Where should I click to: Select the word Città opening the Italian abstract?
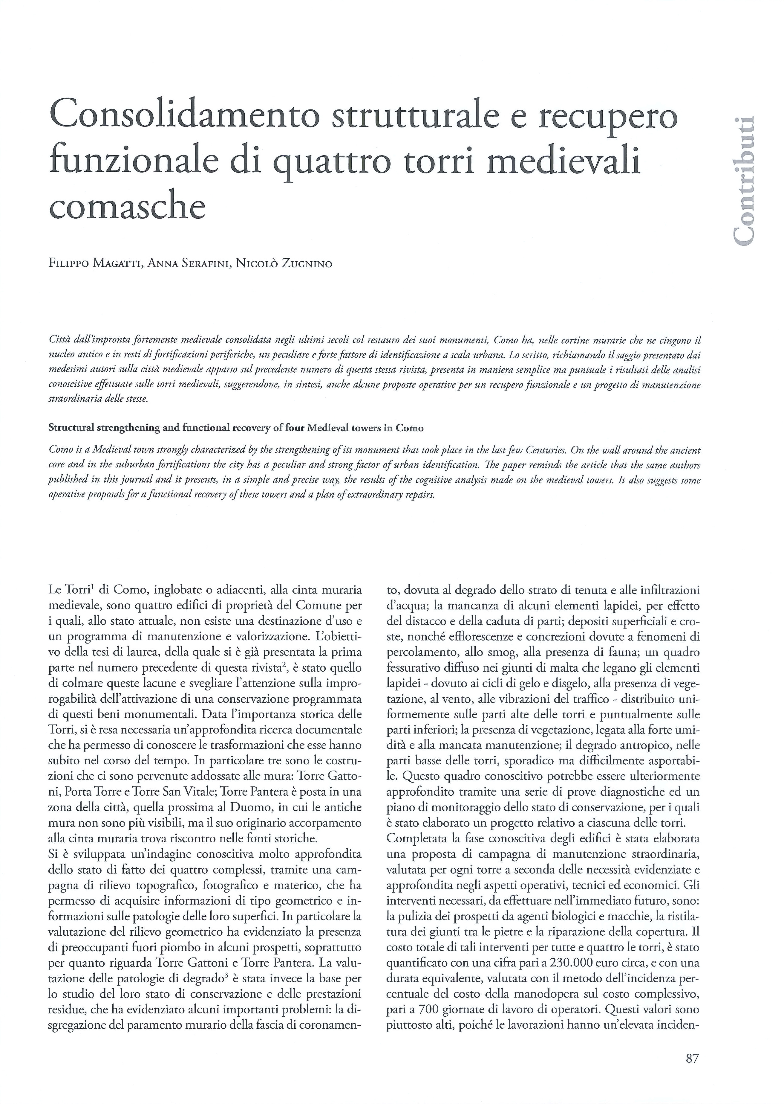pyautogui.click(x=60, y=341)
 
